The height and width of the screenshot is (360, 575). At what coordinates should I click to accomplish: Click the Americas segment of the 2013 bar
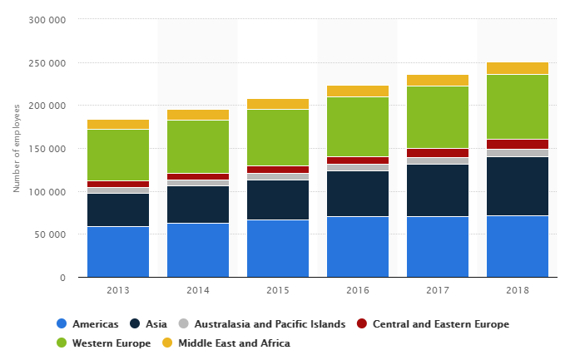118,252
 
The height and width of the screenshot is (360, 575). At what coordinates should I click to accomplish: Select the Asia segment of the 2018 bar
518,186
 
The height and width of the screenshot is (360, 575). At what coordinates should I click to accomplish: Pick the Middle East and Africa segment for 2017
438,81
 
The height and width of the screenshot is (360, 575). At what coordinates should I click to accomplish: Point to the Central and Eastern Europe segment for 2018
518,144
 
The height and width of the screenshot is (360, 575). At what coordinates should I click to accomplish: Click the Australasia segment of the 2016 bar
358,167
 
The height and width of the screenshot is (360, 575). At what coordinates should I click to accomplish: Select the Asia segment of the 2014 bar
198,205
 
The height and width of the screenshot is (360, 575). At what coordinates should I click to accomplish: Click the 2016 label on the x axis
358,291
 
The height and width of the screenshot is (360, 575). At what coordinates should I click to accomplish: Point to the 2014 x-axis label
198,291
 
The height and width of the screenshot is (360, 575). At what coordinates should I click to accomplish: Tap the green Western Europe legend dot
61,343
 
